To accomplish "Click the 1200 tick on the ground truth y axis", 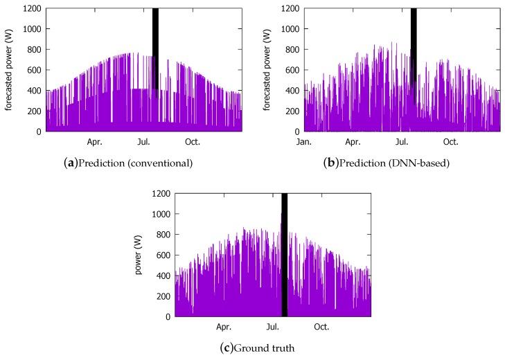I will [160, 194].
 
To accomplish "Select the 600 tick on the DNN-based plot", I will [292, 70].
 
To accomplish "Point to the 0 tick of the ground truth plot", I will [167, 316].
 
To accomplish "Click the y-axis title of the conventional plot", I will [8, 69].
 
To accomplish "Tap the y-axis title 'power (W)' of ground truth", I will [139, 255].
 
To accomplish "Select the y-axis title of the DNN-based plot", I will [267, 69].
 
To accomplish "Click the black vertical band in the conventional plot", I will [155, 48].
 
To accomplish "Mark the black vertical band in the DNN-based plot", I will [414, 48].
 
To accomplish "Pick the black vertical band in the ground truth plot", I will [284, 256].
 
